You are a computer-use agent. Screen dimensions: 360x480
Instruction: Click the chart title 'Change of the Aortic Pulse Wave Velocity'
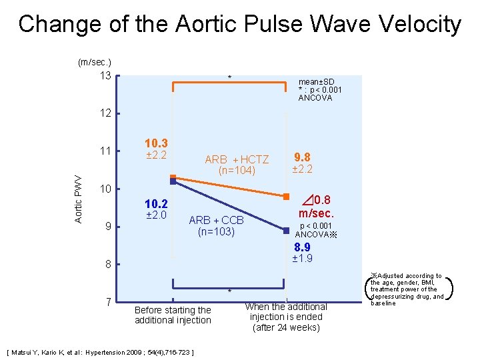click(240, 25)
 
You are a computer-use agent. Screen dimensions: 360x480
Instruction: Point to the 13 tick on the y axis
click(105, 75)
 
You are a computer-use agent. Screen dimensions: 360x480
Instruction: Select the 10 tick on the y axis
click(105, 189)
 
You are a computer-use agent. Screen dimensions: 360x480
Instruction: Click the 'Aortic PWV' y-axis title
click(78, 199)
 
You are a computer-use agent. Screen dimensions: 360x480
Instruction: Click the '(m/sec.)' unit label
click(95, 62)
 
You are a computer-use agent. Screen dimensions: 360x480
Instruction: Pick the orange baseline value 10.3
click(156, 144)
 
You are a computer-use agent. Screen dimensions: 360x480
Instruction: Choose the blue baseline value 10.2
click(156, 204)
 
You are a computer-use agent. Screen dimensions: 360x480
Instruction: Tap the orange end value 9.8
click(302, 157)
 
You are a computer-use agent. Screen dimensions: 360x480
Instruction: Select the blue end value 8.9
click(302, 247)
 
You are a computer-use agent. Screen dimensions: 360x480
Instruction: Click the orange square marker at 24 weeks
click(286, 197)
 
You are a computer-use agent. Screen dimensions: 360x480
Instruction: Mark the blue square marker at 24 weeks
click(286, 231)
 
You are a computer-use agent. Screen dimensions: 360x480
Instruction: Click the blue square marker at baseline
click(173, 181)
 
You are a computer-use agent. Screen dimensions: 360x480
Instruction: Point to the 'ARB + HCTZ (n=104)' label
click(237, 165)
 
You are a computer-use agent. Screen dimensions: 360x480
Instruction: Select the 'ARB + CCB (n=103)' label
click(217, 226)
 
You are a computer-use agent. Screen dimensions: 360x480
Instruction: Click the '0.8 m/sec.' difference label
click(315, 206)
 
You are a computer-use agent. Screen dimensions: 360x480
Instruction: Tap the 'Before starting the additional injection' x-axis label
click(173, 315)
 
